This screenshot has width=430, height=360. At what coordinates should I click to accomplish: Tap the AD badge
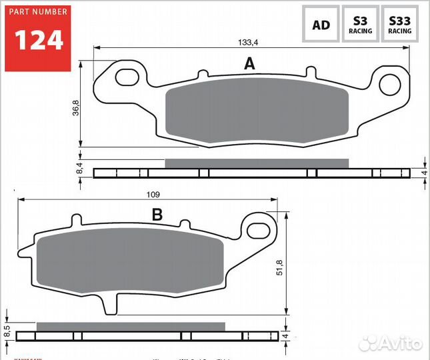321,26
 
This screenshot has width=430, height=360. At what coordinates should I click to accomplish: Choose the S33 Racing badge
400,26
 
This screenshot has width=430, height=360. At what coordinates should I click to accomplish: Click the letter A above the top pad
249,64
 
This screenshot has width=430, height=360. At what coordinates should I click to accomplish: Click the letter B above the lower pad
157,215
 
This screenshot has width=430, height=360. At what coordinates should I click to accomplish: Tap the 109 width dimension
153,194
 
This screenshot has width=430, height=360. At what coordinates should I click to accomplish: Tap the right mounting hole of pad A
389,84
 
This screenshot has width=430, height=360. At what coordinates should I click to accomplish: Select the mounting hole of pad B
257,231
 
